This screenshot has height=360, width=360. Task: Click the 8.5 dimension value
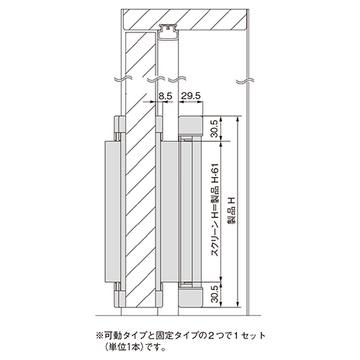[166, 96]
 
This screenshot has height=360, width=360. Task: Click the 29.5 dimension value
[191, 96]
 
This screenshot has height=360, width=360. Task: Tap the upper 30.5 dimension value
[215, 129]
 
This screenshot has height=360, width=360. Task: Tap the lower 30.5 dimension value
[215, 294]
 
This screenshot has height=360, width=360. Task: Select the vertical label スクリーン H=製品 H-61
[215, 210]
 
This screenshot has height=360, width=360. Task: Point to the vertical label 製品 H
[232, 210]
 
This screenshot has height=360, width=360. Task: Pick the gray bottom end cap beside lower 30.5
[191, 297]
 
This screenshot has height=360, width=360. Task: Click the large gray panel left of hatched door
[112, 212]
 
